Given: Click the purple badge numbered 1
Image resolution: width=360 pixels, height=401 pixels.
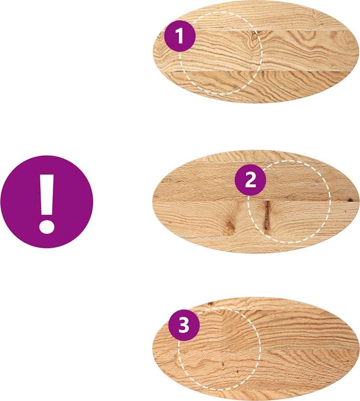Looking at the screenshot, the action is [x=180, y=36].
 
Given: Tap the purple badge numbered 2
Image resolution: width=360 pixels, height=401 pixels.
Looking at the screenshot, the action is [x=250, y=180].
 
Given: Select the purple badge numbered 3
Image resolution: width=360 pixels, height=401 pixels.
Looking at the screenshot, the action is [x=184, y=325].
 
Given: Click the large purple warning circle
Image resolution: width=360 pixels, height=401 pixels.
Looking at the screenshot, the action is [x=46, y=202].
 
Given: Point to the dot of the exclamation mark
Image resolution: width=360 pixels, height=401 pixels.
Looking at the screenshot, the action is [x=47, y=226].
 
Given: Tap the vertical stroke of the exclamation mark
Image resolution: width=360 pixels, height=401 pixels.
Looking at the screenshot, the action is [x=47, y=195].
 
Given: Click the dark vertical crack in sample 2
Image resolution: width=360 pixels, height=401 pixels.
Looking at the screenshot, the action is [x=267, y=214].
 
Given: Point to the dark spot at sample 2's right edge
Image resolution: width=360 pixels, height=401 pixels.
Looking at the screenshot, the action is [x=353, y=200].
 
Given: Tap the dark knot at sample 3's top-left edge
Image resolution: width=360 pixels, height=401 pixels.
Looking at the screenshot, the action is [x=211, y=304].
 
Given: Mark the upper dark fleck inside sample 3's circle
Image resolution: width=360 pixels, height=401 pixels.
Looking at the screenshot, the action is [x=223, y=364].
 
